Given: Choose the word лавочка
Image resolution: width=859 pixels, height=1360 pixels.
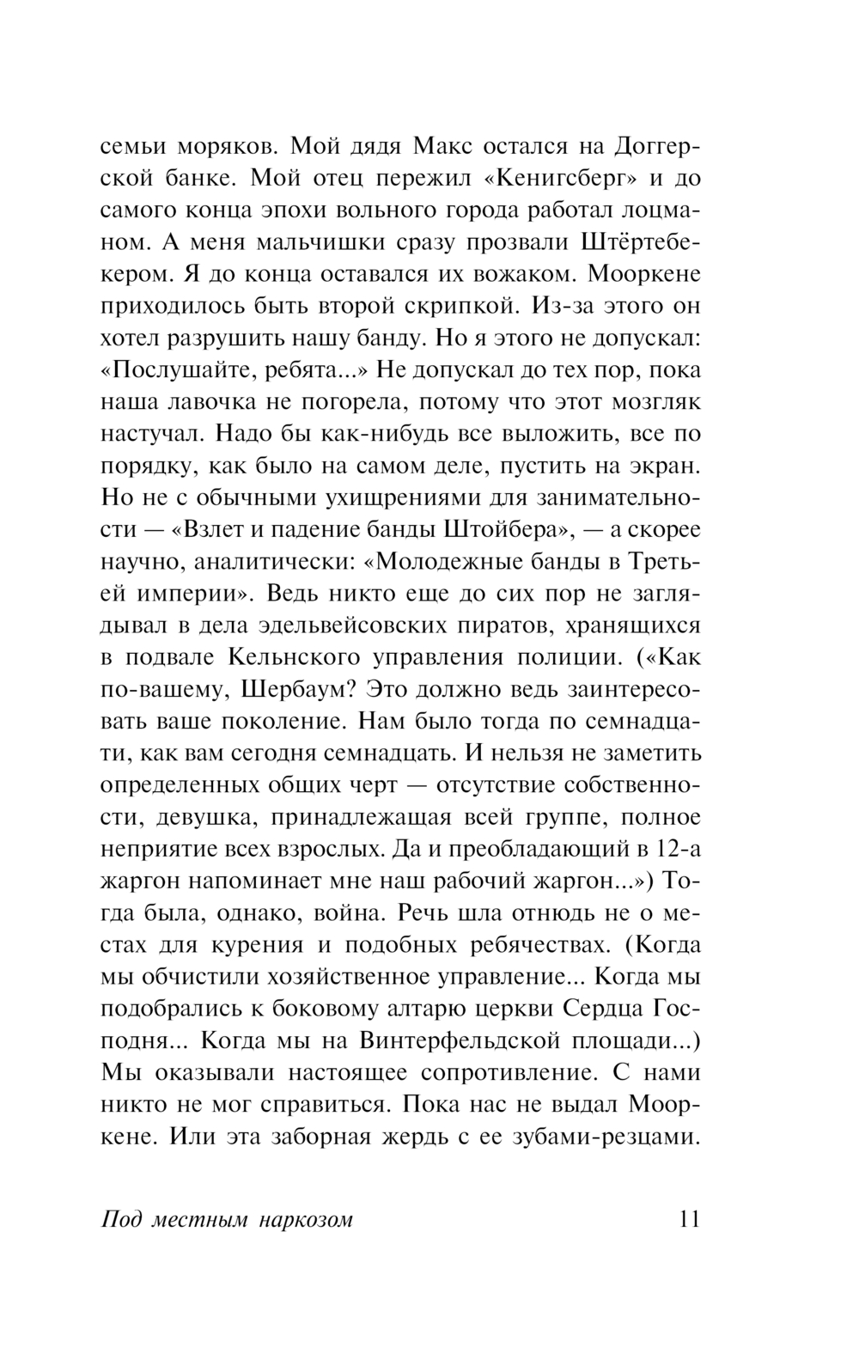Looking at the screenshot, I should pyautogui.click(x=226, y=401).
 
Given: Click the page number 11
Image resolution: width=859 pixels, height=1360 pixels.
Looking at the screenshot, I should pyautogui.click(x=689, y=1219).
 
